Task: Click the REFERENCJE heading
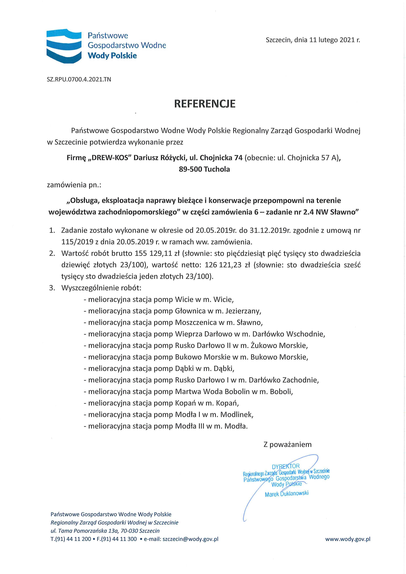coord(205,104)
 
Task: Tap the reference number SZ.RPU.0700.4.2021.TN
coord(79,80)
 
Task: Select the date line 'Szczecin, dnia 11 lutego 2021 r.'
coord(313,40)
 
